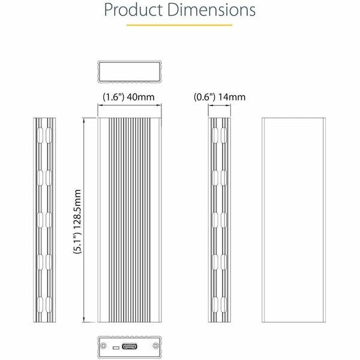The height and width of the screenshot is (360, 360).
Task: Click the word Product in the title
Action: click(133, 10)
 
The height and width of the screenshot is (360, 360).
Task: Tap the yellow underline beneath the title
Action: click(179, 25)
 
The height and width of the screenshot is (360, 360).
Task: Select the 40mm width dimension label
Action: click(141, 97)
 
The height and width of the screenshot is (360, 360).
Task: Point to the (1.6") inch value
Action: click(113, 97)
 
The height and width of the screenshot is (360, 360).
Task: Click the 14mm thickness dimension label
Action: click(232, 97)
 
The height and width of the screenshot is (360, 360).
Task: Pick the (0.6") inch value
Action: click(205, 97)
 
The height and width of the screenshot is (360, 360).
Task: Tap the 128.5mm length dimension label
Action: click(77, 209)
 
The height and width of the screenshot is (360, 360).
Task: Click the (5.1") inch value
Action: click(77, 242)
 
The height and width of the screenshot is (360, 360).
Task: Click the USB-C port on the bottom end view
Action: click(130, 346)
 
